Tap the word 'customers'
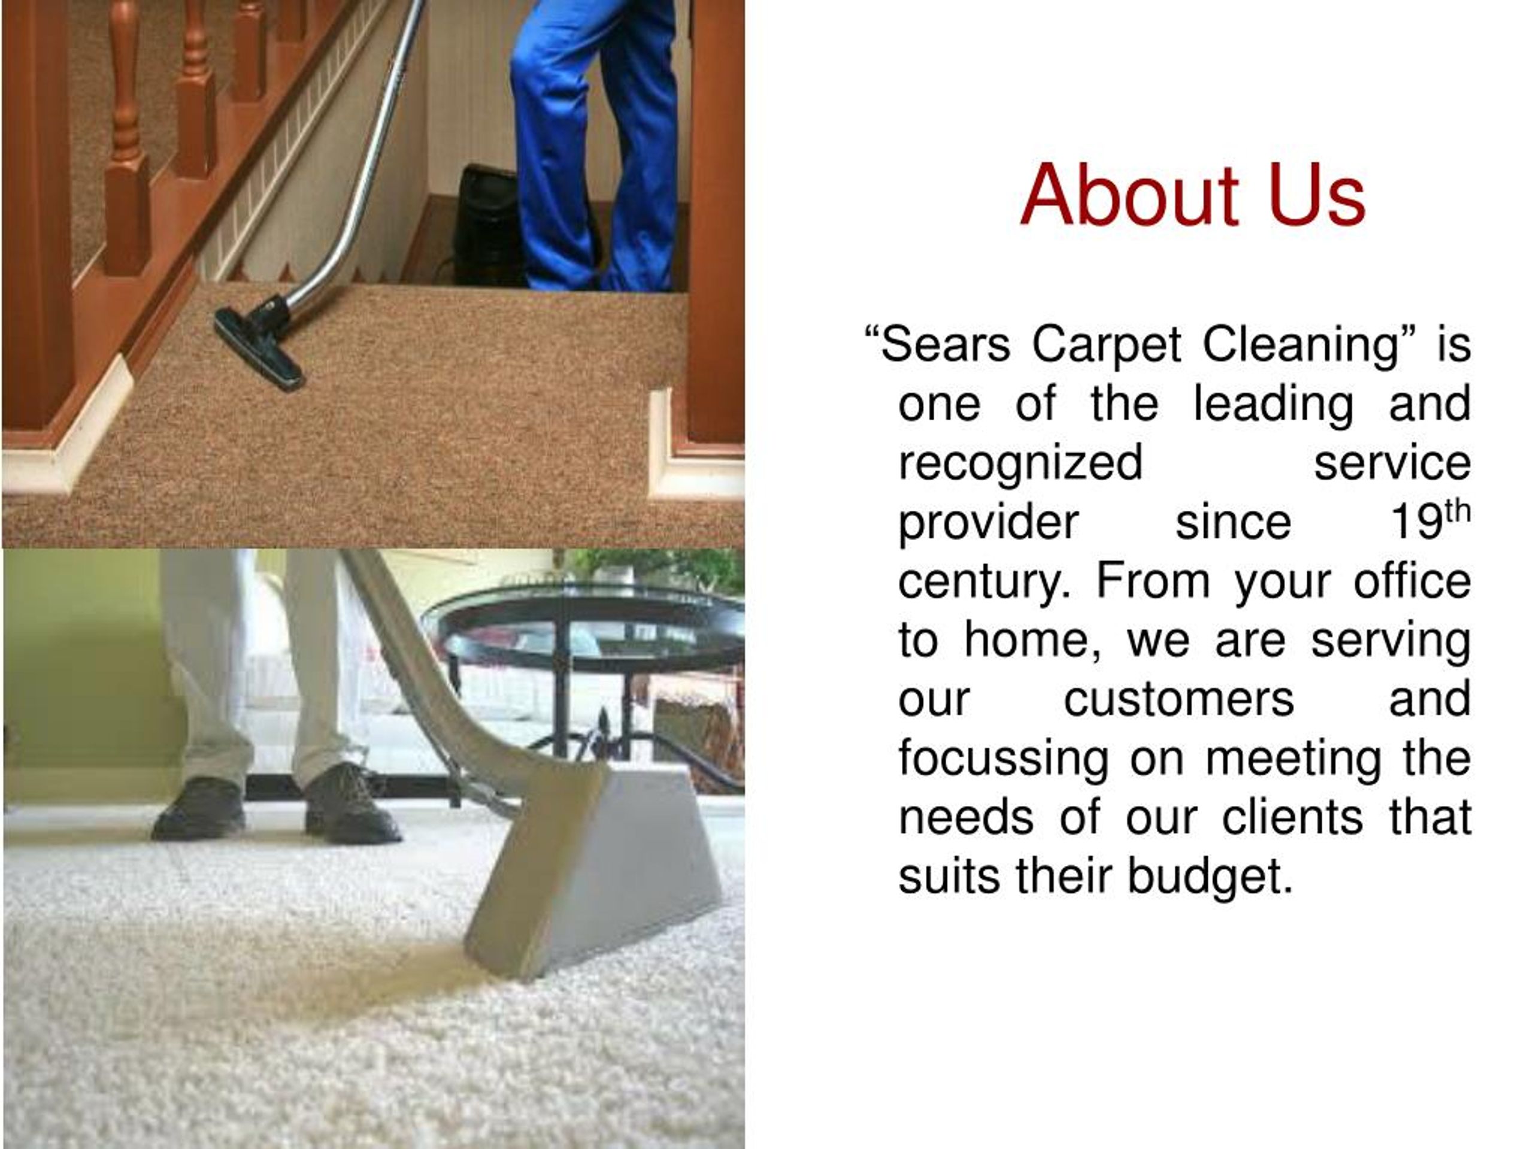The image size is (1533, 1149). [1178, 699]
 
